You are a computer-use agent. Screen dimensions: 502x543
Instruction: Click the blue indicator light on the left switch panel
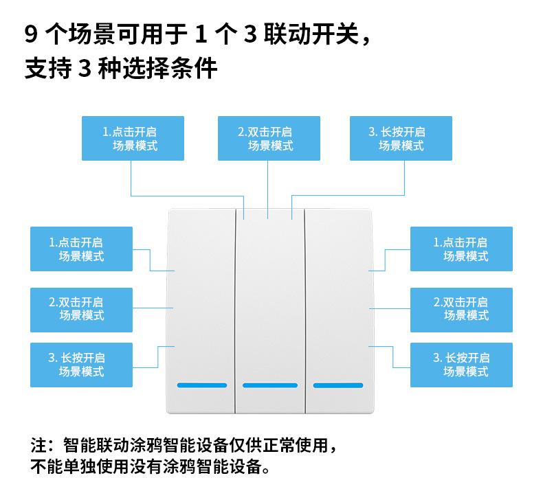(202, 385)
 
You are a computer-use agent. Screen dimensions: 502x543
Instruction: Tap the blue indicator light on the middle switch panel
(269, 385)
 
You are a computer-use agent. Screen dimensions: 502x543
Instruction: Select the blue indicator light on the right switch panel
(337, 385)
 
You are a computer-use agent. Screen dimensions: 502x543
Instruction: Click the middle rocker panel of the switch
(269, 302)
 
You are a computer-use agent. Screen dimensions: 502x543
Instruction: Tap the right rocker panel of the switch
(337, 302)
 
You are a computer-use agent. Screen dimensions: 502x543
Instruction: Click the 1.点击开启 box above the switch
(133, 138)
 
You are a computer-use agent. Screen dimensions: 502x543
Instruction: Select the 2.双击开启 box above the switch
(269, 138)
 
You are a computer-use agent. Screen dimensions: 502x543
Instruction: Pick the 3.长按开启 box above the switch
(401, 138)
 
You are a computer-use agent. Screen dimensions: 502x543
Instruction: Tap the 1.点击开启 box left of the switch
(81, 249)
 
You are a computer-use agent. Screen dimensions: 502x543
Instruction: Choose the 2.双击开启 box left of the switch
(81, 308)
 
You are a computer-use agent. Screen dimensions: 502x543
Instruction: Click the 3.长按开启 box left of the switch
(81, 365)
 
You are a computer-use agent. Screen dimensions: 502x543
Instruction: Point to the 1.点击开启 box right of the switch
(461, 249)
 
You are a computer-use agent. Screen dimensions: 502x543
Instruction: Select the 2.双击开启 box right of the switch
(461, 308)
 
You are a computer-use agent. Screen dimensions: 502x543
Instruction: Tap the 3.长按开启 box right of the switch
(461, 365)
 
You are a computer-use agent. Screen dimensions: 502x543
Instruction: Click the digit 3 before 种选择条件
(85, 69)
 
